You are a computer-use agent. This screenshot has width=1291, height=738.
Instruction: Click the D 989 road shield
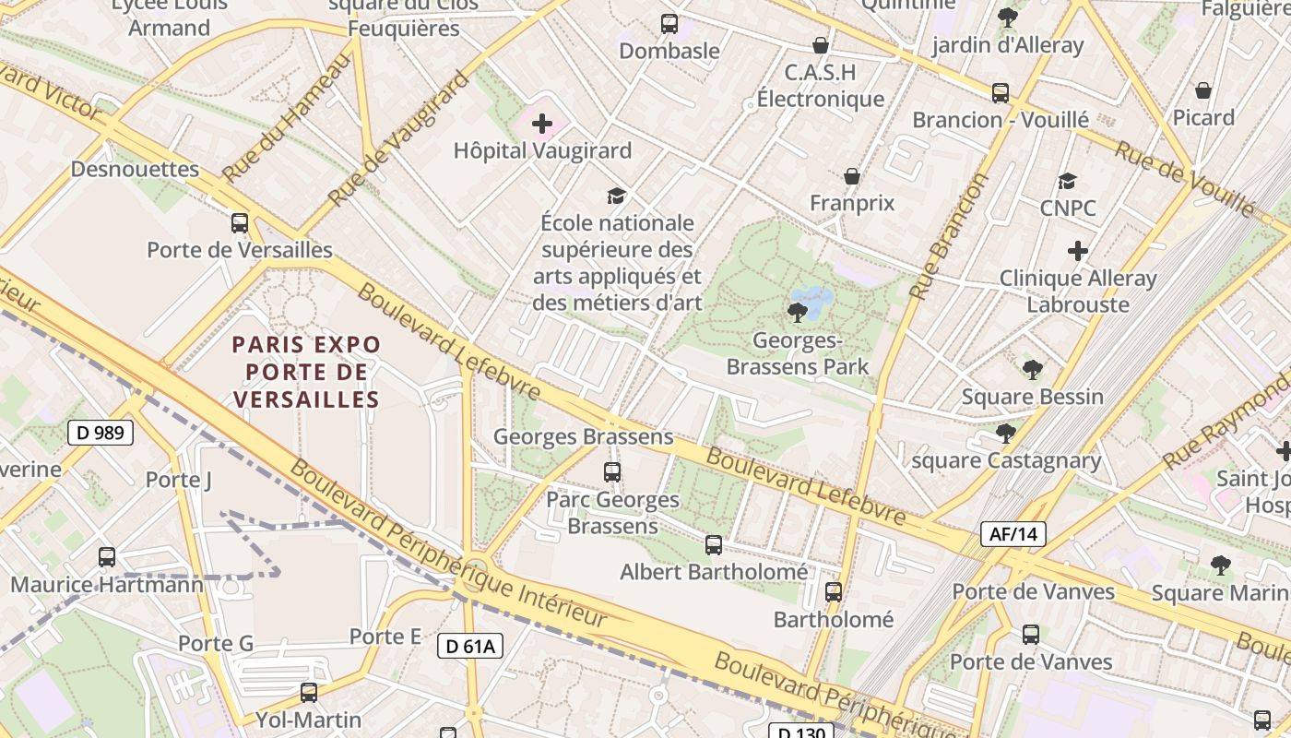click(x=101, y=433)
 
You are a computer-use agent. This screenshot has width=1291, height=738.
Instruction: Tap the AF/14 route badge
click(x=1013, y=533)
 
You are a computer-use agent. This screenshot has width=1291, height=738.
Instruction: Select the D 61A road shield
click(x=470, y=646)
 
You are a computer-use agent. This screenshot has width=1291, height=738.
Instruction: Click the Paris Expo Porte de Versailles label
click(x=306, y=372)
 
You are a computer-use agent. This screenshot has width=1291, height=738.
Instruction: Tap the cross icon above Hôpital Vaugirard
click(x=542, y=124)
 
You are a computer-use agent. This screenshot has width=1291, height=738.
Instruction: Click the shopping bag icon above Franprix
click(x=852, y=176)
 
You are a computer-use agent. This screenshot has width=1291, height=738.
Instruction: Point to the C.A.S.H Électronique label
click(x=820, y=86)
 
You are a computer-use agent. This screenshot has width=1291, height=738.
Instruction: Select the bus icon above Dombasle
click(x=669, y=24)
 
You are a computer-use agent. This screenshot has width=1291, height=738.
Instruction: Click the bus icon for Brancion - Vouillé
click(x=1001, y=93)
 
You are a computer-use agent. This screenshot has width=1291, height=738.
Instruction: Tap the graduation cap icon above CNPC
click(x=1067, y=182)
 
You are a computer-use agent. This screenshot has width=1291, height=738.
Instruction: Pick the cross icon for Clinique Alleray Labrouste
click(x=1077, y=251)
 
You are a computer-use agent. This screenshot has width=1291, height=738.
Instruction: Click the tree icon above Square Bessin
click(x=1032, y=370)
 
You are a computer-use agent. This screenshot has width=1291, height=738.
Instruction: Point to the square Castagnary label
click(x=1006, y=460)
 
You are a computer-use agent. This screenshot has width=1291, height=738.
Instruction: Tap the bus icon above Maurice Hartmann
click(x=107, y=557)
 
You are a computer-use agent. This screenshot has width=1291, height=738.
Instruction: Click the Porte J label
click(x=179, y=480)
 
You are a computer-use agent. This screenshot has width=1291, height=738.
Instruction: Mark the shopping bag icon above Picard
click(x=1202, y=90)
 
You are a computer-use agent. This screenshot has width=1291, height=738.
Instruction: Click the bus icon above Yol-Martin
click(x=309, y=692)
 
